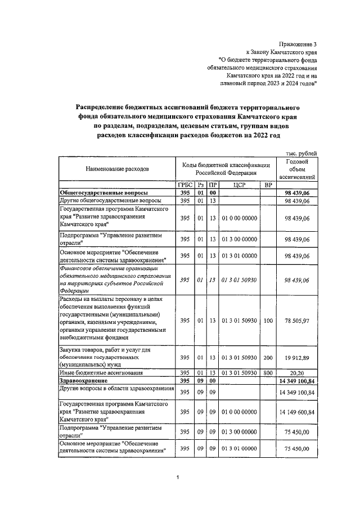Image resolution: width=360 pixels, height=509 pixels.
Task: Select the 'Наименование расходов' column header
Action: click(x=118, y=169)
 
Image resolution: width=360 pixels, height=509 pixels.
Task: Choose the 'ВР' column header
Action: click(x=268, y=184)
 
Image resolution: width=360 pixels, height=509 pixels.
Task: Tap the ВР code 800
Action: click(x=268, y=373)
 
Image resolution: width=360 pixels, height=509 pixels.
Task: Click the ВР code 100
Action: click(x=268, y=321)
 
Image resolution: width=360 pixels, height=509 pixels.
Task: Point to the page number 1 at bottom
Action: click(x=178, y=478)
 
